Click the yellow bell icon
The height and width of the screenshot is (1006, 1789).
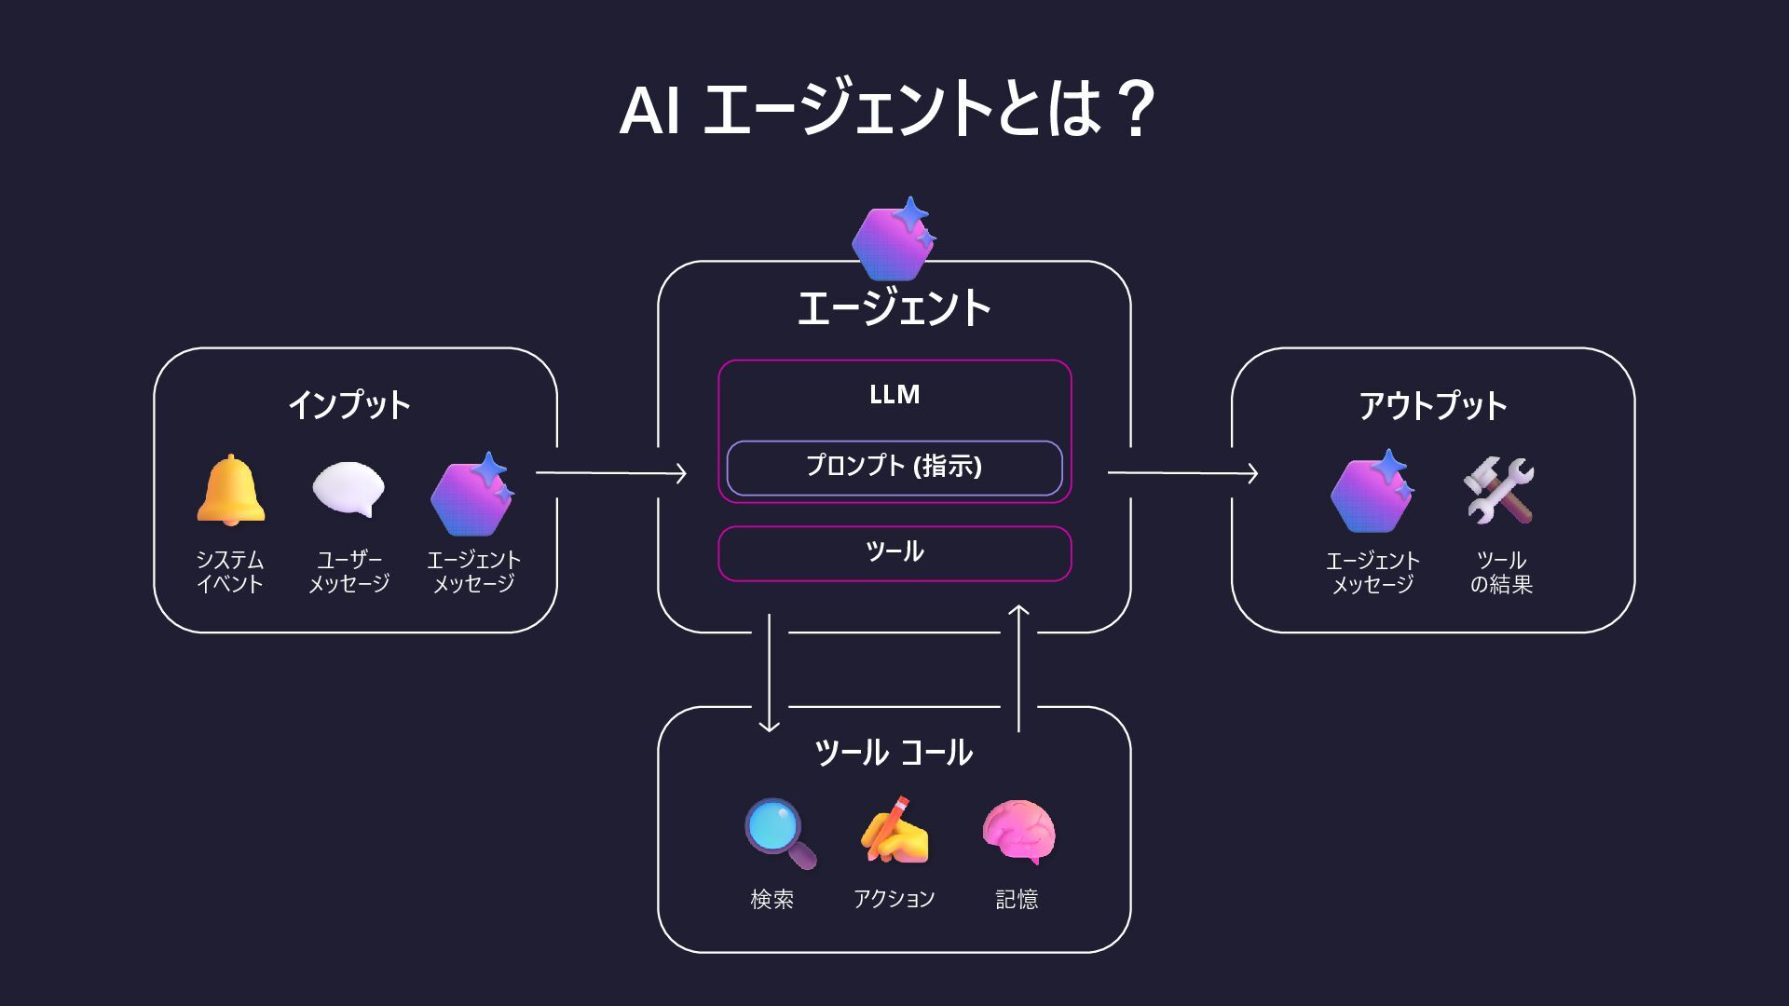pos(230,490)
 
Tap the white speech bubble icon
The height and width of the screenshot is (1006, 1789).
pos(348,489)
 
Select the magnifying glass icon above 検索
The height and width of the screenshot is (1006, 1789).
pos(779,833)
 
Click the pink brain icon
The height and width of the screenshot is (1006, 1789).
pos(1018,832)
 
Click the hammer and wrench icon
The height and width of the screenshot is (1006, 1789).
pos(1499,490)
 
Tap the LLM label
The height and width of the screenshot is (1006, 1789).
pos(894,394)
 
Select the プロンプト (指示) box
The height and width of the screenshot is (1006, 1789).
pos(894,467)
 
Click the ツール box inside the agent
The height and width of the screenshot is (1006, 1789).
pos(894,552)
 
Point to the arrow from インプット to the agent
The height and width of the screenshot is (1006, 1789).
pos(611,473)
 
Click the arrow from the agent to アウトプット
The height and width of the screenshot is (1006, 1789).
pos(1182,473)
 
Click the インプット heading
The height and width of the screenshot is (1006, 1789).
pos(349,405)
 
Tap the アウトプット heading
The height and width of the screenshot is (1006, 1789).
pos(1432,405)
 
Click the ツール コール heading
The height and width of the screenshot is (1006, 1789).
pos(894,753)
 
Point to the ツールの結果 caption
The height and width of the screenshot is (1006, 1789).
pos(1501,572)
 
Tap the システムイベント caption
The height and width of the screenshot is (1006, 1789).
pos(230,572)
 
